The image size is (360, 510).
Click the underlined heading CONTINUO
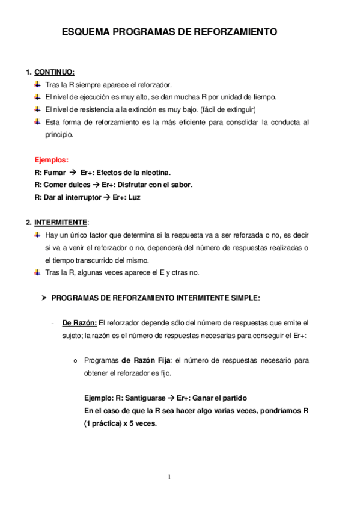(54, 73)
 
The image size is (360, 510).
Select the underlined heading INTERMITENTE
(61, 222)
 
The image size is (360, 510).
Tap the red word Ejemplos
(52, 160)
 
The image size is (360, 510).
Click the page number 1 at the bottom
(169, 477)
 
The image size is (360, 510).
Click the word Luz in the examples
(134, 197)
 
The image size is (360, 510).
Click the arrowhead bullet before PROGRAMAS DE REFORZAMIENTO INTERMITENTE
(43, 298)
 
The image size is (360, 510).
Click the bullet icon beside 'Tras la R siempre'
(38, 85)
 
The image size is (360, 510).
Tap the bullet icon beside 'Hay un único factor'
(38, 235)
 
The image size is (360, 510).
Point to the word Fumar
(55, 173)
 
